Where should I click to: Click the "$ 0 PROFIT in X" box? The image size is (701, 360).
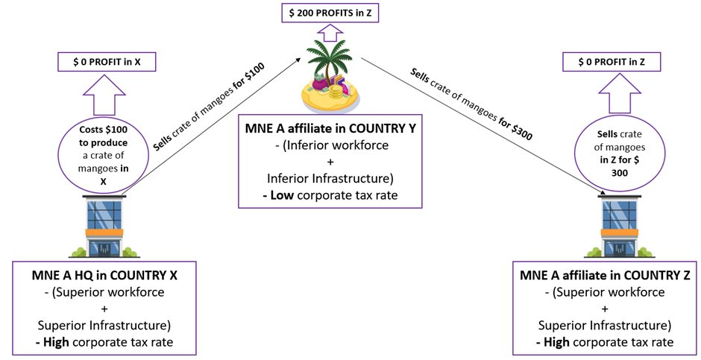(x=107, y=62)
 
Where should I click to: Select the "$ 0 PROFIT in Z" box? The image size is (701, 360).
(x=612, y=62)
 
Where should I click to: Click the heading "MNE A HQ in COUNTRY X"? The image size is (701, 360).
(x=104, y=276)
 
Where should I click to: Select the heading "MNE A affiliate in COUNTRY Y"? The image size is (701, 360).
(x=330, y=129)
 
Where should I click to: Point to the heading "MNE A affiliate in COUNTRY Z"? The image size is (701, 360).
(x=605, y=276)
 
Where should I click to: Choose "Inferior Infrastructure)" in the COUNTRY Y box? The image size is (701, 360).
(x=330, y=178)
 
